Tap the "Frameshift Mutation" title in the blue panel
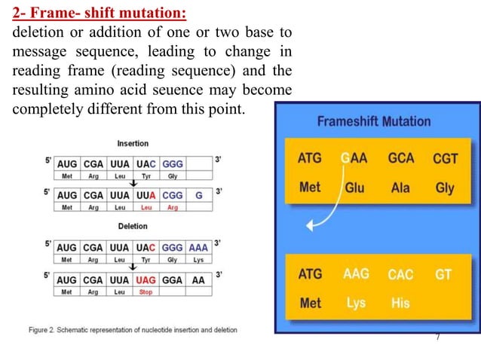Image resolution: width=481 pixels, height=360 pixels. coord(373,121)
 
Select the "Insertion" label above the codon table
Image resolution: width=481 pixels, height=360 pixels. coord(133,143)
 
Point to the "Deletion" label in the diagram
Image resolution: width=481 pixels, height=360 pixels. coord(132,226)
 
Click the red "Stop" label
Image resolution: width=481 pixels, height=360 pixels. coord(146,291)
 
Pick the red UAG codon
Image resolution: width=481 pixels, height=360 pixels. coord(146,279)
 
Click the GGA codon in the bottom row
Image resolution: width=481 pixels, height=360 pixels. coord(173,279)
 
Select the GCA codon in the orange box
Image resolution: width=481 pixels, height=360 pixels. coord(400,159)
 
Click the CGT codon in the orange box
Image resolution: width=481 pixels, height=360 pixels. coord(445,159)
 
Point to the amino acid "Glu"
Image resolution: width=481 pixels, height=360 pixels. coord(354,188)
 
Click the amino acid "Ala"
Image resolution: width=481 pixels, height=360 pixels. coord(400,188)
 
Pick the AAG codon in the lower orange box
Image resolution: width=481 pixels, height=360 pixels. coord(356,274)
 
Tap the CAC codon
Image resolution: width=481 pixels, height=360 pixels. coord(400,274)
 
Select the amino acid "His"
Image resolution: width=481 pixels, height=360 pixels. coord(400,304)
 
